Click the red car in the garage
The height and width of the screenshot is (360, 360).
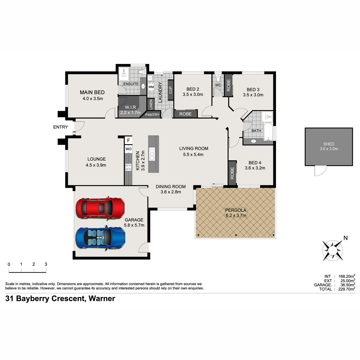click(100, 208)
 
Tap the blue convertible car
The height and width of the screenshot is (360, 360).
click(100, 238)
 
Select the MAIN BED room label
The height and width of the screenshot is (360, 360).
click(92, 92)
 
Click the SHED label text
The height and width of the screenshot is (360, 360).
click(328, 144)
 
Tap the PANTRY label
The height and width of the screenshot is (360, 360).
click(152, 115)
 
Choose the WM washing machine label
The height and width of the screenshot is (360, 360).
click(151, 87)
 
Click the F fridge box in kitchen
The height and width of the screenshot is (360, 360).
click(128, 140)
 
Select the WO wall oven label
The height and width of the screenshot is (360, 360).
click(128, 149)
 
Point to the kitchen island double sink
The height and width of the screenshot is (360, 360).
click(152, 154)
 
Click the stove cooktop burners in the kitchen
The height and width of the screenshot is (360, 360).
click(128, 167)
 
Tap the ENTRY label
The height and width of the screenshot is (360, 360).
click(61, 127)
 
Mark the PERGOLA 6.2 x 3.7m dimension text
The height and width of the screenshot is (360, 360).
click(236, 215)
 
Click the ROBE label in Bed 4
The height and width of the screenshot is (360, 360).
click(232, 173)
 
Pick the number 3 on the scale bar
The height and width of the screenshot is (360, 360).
click(46, 264)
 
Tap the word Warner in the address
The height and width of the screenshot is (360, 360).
click(102, 298)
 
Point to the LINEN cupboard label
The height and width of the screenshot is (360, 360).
click(151, 104)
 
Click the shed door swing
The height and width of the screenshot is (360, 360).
click(320, 171)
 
